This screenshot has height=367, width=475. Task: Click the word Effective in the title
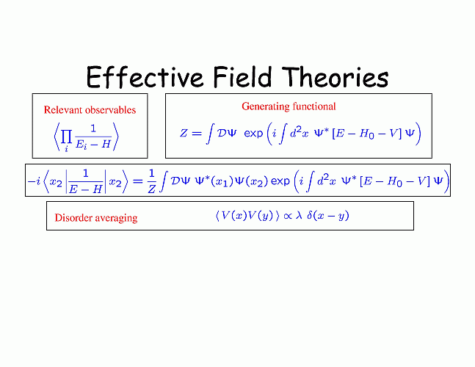145,77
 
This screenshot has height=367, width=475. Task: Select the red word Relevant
61,109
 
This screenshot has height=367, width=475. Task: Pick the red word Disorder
73,217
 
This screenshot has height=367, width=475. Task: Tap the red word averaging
115,218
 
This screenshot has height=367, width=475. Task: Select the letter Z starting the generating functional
184,133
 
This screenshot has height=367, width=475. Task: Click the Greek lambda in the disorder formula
299,215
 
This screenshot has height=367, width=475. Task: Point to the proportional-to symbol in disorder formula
288,216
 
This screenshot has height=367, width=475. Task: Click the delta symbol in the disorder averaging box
309,215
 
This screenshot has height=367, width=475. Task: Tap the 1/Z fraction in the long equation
152,181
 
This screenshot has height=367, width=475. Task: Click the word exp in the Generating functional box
253,134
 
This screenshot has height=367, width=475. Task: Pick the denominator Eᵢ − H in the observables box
93,144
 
